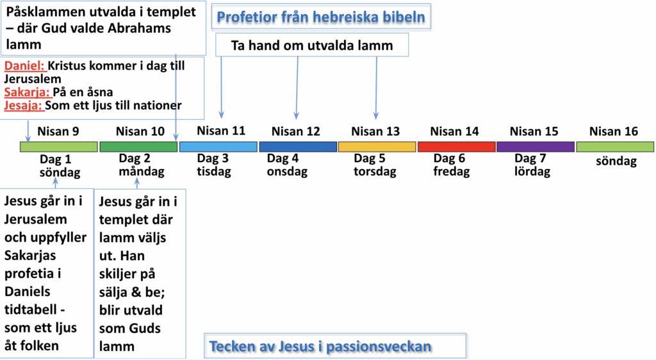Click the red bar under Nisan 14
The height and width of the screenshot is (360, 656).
(456, 147)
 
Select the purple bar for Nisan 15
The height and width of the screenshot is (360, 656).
(536, 147)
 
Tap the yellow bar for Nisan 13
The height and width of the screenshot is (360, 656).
(377, 147)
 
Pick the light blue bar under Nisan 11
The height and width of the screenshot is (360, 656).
(218, 147)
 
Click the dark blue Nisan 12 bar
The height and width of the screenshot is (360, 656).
(298, 147)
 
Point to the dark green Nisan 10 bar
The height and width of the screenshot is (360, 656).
(138, 147)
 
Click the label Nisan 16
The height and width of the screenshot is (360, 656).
(613, 131)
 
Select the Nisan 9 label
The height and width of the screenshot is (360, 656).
(58, 131)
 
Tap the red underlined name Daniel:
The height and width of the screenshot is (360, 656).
(25, 65)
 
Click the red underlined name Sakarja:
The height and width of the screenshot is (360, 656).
(27, 92)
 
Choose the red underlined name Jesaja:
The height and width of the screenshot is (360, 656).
(24, 105)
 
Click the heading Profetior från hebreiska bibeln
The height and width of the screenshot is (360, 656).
(321, 17)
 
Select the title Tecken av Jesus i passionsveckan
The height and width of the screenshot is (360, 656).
(320, 346)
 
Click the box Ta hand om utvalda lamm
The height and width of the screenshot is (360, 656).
(312, 45)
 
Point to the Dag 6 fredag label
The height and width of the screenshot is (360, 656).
(452, 165)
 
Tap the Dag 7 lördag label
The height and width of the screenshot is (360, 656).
(532, 165)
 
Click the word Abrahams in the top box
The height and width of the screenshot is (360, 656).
(139, 28)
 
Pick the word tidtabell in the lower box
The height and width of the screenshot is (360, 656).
(31, 309)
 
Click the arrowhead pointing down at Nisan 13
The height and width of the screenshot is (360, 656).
(376, 116)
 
